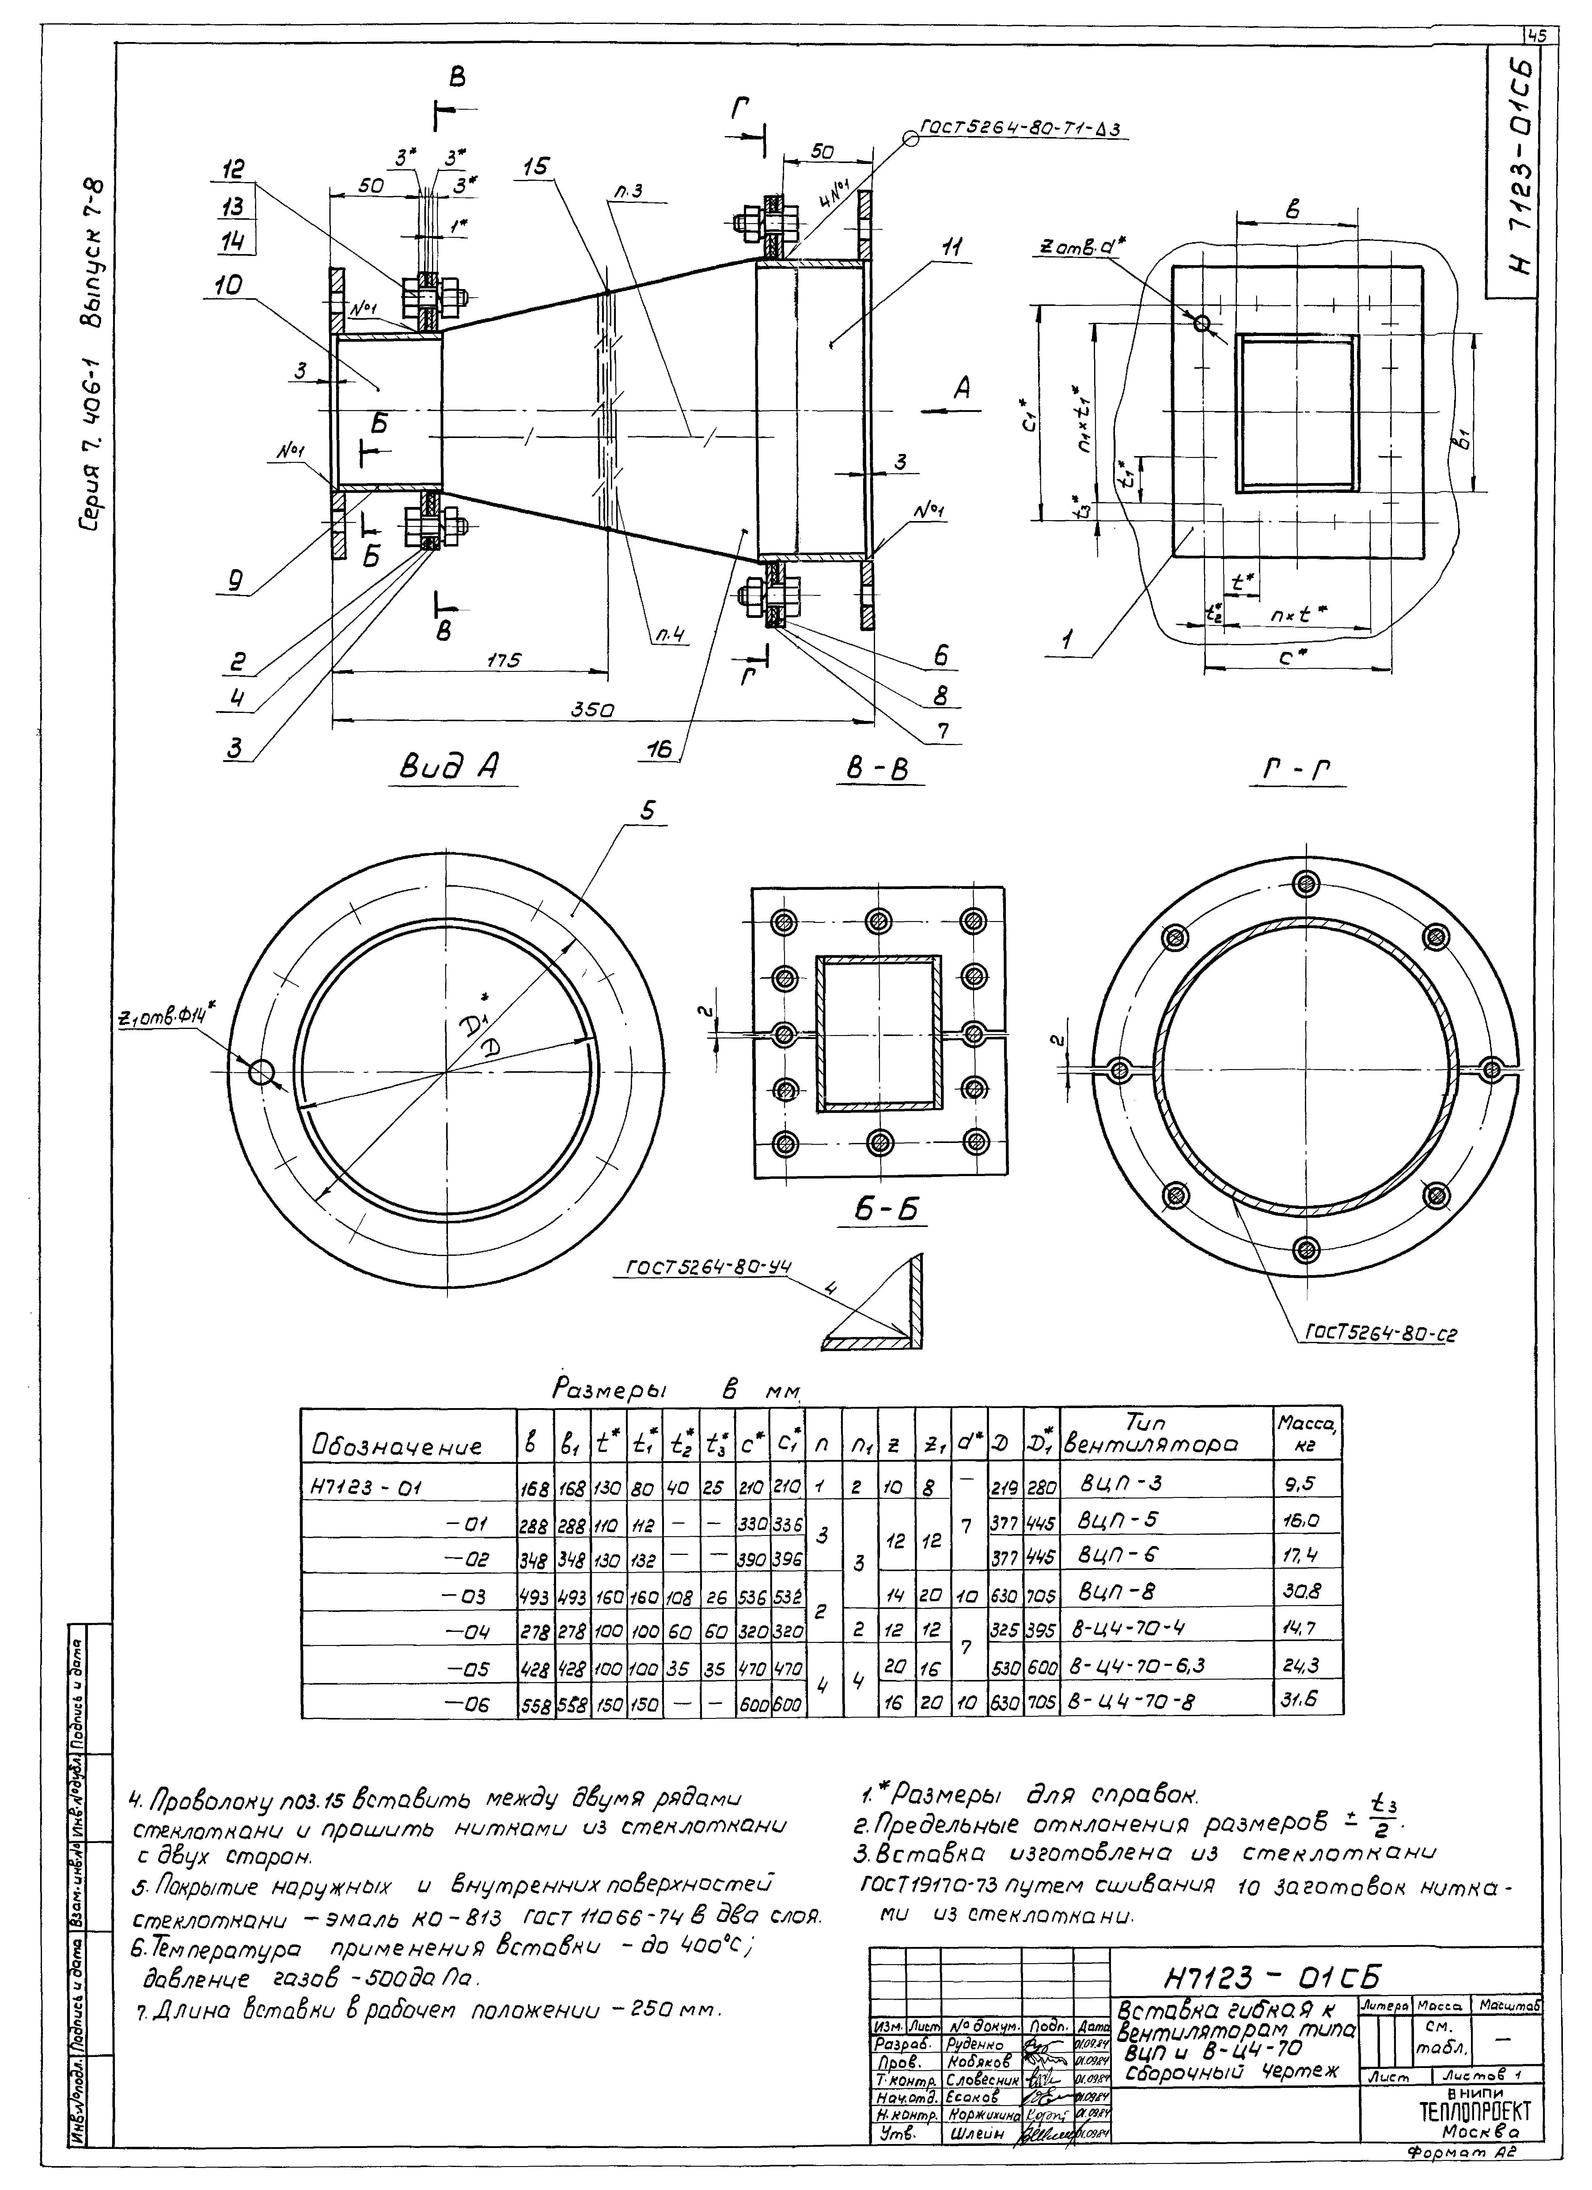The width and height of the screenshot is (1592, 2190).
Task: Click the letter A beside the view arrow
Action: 963,388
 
